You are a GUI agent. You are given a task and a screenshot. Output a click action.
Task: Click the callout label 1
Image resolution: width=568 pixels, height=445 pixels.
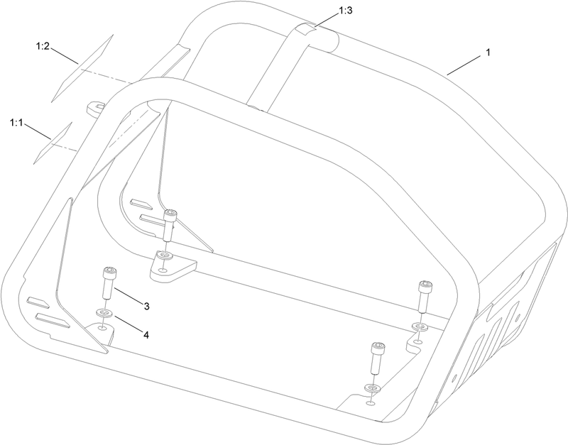488,53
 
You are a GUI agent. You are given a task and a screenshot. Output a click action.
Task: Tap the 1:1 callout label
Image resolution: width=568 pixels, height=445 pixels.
16,123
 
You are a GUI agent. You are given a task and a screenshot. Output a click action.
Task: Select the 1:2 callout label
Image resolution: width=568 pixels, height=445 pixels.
43,46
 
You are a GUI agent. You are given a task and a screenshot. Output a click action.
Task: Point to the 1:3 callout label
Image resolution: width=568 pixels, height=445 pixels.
345,11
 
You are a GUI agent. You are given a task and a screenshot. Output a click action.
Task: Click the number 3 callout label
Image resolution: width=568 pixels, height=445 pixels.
146,307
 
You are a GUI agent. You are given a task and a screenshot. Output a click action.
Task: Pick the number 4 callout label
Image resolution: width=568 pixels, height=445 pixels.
146,335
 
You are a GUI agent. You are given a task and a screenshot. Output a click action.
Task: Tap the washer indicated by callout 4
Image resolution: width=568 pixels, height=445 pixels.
104,312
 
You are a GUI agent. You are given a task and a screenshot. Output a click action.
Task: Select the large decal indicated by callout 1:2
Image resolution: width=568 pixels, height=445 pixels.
82,68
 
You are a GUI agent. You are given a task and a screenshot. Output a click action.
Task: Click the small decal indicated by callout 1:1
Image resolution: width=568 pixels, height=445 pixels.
53,143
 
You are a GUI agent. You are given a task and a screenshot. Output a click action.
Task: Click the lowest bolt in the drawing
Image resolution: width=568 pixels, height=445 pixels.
377,358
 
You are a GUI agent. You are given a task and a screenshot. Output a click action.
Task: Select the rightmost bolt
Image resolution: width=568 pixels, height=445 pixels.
425,297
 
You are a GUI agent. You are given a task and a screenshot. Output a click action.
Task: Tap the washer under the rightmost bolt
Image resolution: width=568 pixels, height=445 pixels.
420,327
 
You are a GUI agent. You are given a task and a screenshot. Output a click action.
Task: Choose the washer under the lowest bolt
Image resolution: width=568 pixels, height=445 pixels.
372,388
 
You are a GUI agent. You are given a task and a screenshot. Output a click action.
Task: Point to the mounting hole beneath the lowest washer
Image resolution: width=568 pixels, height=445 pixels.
370,402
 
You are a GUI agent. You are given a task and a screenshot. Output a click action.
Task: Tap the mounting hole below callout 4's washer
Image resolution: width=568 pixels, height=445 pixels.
102,328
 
